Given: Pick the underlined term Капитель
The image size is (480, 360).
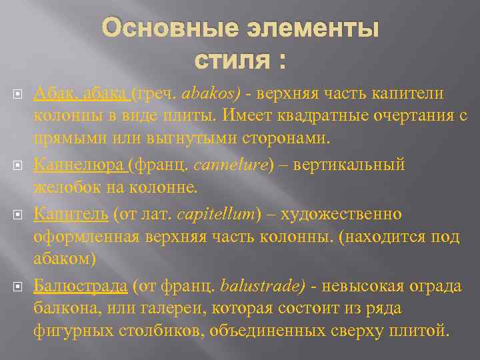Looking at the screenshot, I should [x=71, y=214].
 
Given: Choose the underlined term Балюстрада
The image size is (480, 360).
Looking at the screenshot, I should [x=80, y=286].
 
